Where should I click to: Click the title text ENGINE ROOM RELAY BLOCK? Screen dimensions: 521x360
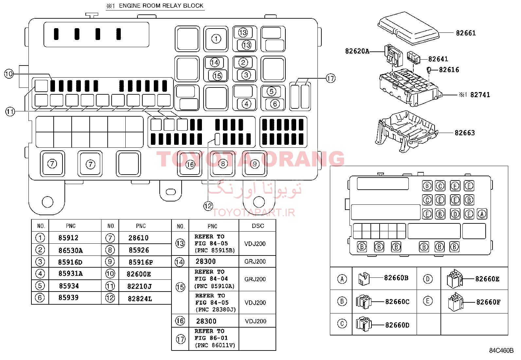[161, 6]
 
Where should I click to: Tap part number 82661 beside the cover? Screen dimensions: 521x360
[466, 33]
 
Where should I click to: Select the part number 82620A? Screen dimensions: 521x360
[357, 51]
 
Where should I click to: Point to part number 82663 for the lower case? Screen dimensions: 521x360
[464, 133]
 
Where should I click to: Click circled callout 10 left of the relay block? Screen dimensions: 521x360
[9, 74]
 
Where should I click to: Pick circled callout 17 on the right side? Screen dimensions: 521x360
[331, 78]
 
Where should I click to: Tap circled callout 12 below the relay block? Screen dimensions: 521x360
[208, 206]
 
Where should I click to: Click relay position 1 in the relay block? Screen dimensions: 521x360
[216, 39]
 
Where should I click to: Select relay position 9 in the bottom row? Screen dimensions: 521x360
[255, 164]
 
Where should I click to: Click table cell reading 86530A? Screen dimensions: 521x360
[70, 251]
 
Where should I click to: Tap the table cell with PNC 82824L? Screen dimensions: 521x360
[140, 299]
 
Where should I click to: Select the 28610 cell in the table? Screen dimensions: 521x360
[138, 238]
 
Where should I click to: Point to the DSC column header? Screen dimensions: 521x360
[258, 226]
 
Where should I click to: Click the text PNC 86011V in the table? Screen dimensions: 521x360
[215, 345]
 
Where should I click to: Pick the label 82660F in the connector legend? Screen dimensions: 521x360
[488, 302]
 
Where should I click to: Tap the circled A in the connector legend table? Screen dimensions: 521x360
[342, 279]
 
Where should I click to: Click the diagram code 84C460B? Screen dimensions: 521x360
[501, 351]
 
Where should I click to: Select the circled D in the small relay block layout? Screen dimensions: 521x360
[455, 214]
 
